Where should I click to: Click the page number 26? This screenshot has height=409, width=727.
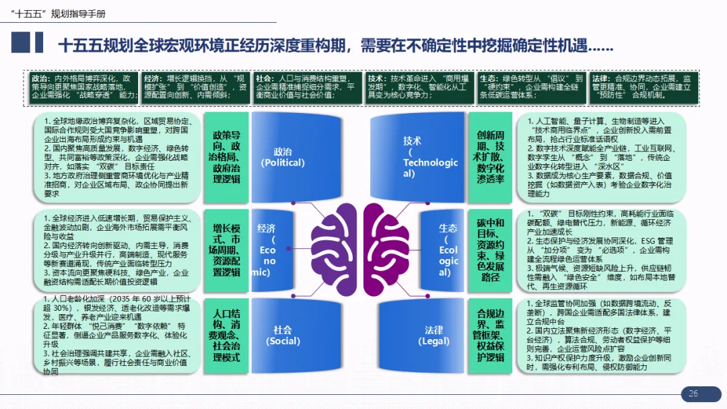(693, 394)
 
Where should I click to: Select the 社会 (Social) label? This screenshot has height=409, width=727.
(283, 335)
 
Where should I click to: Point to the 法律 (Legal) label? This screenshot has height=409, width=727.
(434, 335)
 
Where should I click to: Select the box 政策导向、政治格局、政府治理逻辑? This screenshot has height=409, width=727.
(226, 156)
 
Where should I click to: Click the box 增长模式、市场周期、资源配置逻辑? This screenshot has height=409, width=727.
(226, 246)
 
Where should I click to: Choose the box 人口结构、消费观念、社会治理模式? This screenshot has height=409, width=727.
(226, 334)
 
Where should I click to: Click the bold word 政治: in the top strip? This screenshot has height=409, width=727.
(41, 78)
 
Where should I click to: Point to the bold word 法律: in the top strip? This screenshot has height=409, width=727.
(602, 78)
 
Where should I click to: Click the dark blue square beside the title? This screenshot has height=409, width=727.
(21, 43)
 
